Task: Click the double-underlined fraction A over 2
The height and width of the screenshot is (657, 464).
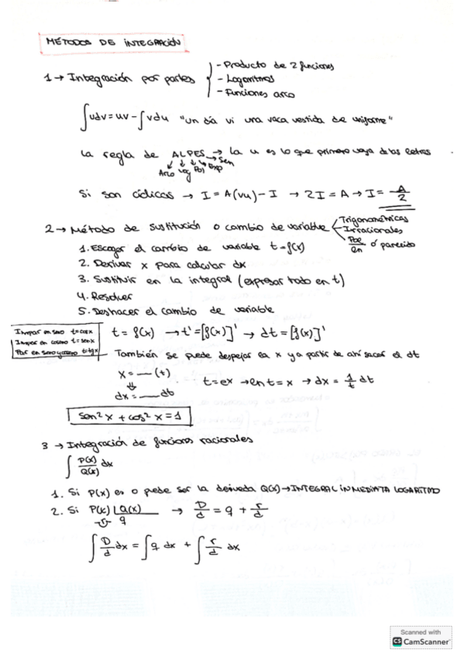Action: (x=399, y=196)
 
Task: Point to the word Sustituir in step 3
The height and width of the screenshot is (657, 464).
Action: (x=119, y=280)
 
